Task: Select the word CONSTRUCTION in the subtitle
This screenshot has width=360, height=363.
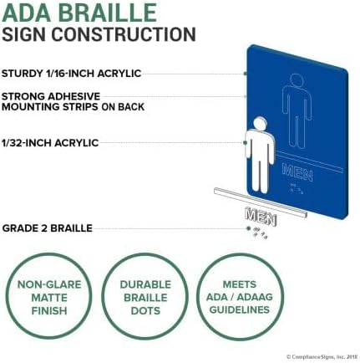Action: (x=124, y=34)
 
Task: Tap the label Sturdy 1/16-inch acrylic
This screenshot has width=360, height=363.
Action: (x=71, y=74)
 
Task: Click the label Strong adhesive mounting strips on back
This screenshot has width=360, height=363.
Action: (x=73, y=101)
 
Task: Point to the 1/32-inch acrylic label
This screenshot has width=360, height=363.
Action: (x=50, y=143)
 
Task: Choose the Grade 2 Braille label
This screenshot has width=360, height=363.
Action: (x=48, y=228)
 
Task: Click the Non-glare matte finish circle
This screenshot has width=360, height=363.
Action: (x=49, y=297)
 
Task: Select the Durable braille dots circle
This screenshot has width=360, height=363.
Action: (x=145, y=297)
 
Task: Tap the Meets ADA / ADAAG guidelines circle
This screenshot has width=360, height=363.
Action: (x=240, y=297)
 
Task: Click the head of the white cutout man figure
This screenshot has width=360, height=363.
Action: (x=260, y=124)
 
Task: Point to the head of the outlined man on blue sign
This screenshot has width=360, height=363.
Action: (x=297, y=81)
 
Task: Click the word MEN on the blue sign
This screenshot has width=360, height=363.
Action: (x=297, y=172)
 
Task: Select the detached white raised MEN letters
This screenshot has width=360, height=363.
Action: (x=261, y=217)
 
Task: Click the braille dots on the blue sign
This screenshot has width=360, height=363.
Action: (x=297, y=189)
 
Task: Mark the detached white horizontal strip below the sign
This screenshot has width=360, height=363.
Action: (x=261, y=202)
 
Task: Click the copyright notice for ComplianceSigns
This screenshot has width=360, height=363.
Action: (x=321, y=357)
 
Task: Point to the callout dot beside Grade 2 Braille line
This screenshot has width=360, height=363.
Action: (x=248, y=228)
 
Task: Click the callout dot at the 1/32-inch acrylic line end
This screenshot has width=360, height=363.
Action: (x=245, y=143)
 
